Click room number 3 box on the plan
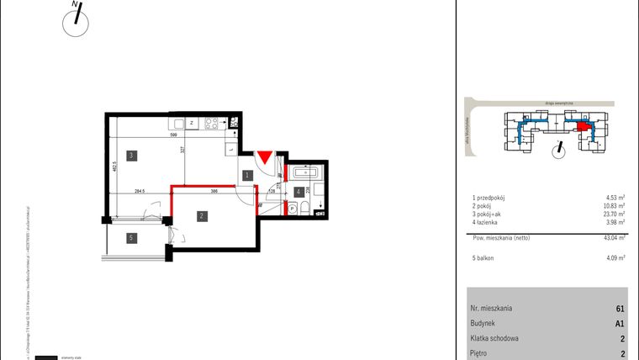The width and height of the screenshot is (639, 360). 132,156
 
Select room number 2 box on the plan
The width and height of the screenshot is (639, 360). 202,216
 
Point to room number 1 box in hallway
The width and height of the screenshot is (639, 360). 246,175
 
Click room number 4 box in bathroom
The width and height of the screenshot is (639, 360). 298,192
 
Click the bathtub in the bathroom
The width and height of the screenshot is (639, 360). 304,172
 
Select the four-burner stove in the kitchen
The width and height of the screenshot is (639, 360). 213,123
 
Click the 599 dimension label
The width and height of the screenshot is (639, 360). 174,135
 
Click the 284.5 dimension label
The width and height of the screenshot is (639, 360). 140,192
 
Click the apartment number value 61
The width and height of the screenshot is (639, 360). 620,309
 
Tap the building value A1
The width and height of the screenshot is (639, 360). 619,324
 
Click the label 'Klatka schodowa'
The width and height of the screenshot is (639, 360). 495,339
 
